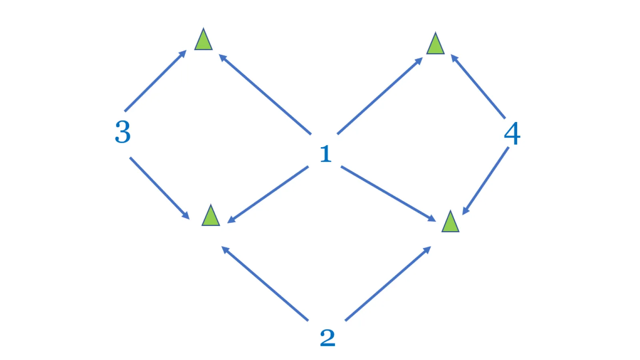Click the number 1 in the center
tap(326, 154)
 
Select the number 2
tap(328, 338)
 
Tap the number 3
tap(122, 132)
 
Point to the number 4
tap(512, 134)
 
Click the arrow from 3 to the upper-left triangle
tap(156, 81)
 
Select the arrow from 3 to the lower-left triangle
tap(160, 188)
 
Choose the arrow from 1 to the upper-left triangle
tap(265, 94)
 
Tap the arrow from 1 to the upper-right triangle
tap(380, 96)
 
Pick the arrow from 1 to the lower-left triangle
tap(268, 194)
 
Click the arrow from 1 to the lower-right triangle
tap(388, 194)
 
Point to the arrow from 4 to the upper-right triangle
tap(478, 86)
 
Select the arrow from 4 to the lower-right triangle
tap(486, 181)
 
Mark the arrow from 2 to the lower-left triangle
tap(265, 284)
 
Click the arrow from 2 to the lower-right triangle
tap(388, 284)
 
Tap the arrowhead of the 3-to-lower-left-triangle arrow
tap(186, 216)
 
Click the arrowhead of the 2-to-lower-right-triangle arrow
tap(427, 250)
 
